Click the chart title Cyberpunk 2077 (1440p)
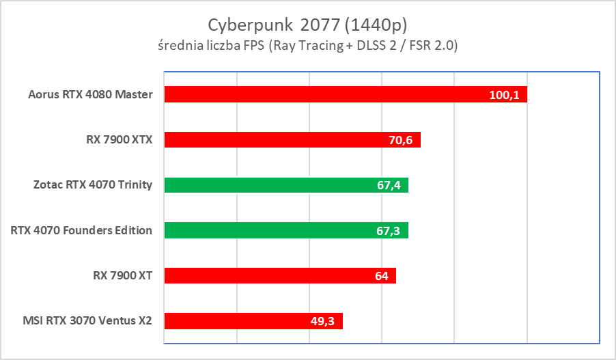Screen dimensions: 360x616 [307, 25]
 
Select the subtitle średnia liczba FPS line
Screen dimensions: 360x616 [307, 46]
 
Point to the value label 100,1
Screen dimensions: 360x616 [505, 95]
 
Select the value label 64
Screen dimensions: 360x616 [381, 276]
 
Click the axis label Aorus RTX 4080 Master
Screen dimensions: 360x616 [91, 94]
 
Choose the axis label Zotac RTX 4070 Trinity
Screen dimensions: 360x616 [93, 185]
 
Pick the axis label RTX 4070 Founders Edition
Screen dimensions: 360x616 [81, 230]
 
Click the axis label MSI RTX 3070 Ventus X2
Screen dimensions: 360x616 [87, 321]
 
